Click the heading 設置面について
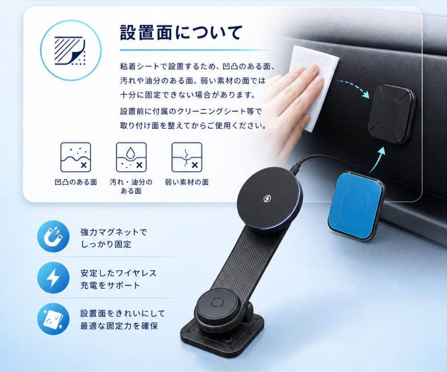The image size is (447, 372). tap(181, 33)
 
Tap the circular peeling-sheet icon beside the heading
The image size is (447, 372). tap(71, 51)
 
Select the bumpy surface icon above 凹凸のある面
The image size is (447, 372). tap(76, 157)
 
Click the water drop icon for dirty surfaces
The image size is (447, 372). tap(131, 157)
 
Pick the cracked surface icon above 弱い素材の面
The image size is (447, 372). tap(187, 157)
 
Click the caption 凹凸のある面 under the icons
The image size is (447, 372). tap(76, 182)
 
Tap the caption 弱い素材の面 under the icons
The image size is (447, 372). tap(187, 182)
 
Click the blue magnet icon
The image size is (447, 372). tap(53, 237)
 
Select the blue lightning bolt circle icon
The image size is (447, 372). tap(53, 278)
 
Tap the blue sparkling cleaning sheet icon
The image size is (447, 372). tap(53, 319)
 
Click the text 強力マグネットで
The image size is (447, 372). tap(114, 232)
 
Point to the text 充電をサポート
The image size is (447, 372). tap(110, 285)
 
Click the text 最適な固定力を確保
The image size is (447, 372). tap(119, 326)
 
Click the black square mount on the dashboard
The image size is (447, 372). tap(392, 114)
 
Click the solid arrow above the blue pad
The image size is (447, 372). tap(378, 160)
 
